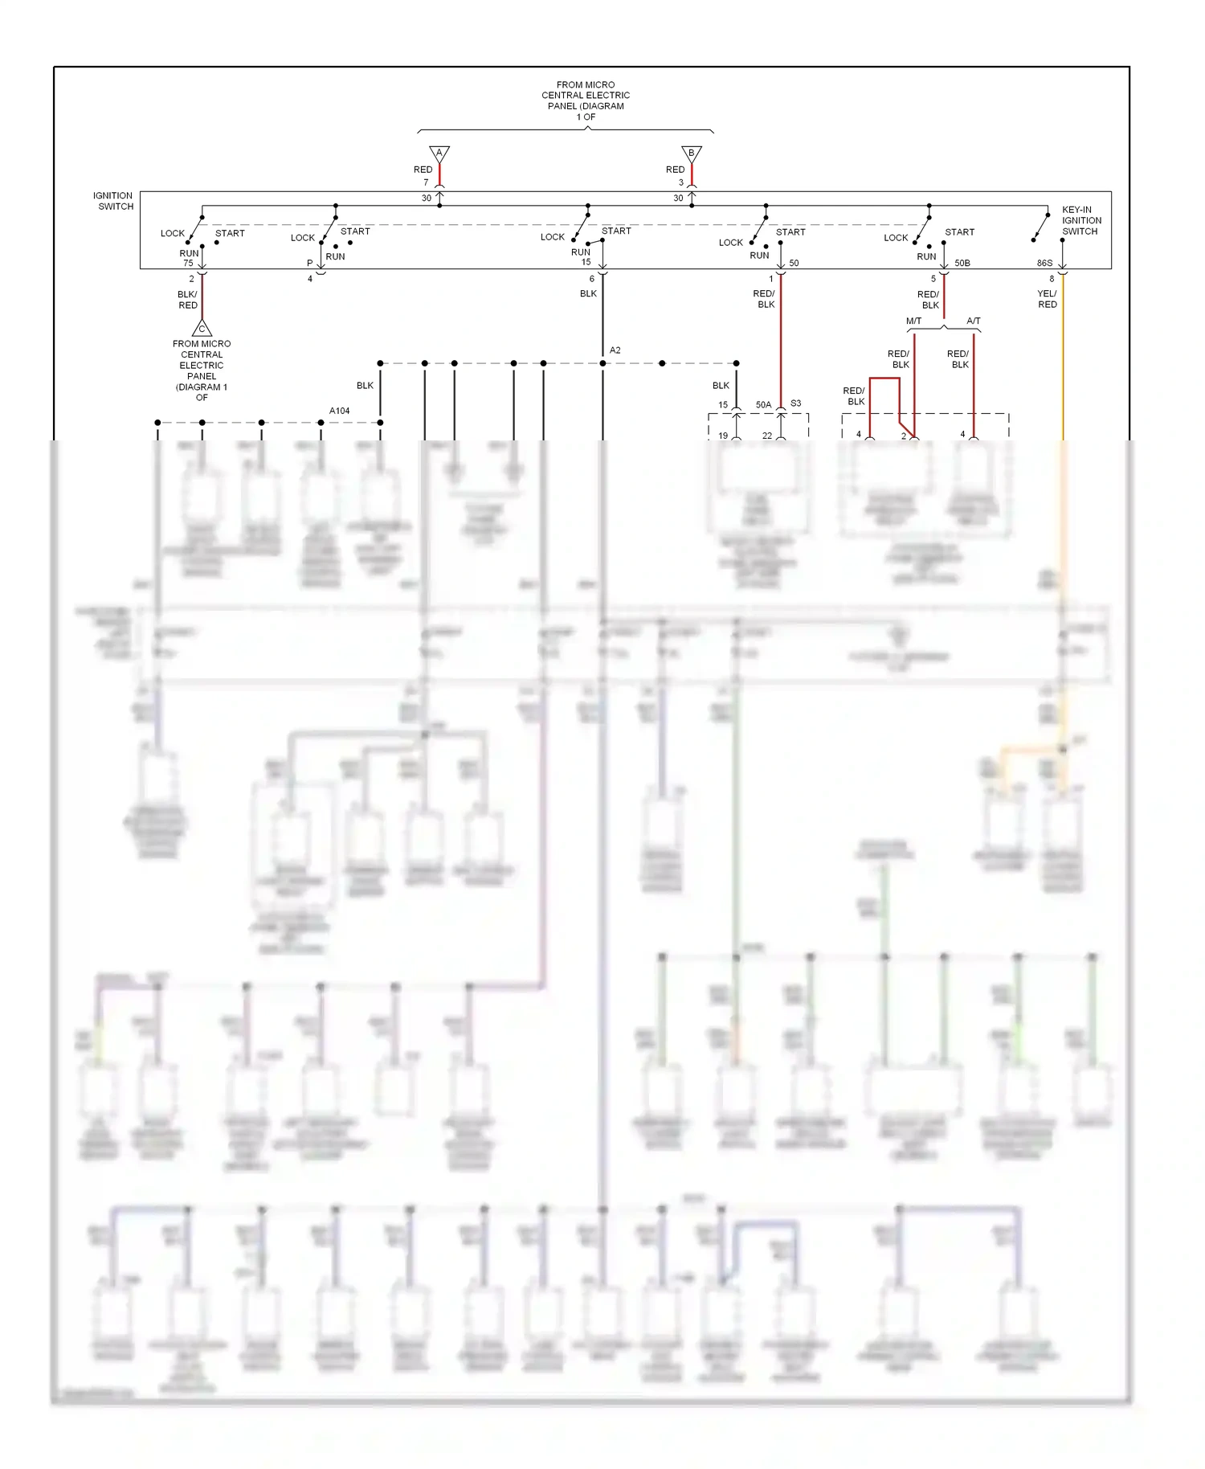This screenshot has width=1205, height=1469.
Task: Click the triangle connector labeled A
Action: tap(439, 153)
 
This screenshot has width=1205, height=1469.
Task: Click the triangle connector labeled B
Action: tap(692, 153)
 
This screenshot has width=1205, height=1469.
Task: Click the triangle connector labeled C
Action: tap(202, 328)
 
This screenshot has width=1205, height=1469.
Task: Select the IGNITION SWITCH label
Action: tap(113, 201)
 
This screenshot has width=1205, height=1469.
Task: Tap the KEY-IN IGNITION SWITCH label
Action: tap(1081, 220)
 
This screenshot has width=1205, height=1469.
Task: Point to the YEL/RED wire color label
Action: tap(1048, 299)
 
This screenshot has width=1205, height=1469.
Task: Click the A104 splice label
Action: tap(340, 411)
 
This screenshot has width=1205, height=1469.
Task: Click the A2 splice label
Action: tap(615, 350)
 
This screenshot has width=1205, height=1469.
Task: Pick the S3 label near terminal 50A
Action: tap(795, 403)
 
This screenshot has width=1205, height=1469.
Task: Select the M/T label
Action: tap(914, 321)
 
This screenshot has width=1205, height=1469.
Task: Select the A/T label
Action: tap(973, 321)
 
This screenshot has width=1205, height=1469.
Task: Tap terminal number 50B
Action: tap(962, 263)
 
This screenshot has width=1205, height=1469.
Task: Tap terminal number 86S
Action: tap(1044, 263)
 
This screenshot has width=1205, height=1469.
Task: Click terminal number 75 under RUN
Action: tap(188, 263)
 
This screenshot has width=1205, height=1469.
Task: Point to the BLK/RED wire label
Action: tap(187, 300)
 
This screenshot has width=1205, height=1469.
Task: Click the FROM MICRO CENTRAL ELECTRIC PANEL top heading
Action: tap(586, 100)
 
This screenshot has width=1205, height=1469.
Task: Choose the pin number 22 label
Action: tap(767, 436)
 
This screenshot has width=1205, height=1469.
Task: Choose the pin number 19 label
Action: tap(723, 436)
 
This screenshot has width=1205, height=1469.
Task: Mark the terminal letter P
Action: tap(310, 263)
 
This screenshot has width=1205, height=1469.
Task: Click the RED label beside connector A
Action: tap(423, 170)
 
